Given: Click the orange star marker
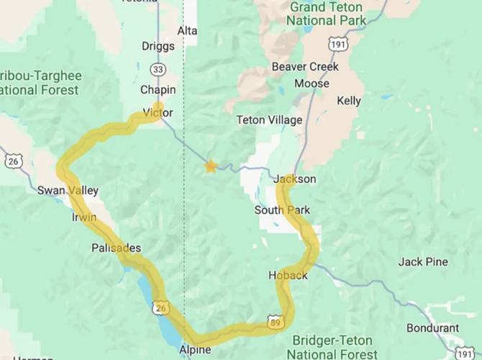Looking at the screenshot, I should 211,166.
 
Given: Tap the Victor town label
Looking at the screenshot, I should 158,113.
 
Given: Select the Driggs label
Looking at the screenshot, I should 158,47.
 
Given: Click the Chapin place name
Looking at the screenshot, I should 158,90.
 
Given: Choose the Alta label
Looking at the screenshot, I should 187,31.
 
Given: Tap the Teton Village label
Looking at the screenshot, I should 270,120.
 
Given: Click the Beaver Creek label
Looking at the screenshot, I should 305,67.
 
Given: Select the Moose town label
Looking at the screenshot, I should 312,84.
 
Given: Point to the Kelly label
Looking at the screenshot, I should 349,101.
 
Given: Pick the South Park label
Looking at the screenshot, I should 282,210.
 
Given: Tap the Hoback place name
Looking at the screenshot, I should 288,276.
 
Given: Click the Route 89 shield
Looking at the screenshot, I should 276,323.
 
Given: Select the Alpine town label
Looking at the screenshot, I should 195,350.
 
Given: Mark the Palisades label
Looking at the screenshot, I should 116,248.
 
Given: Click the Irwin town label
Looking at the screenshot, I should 83,217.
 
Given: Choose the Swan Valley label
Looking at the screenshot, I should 68,191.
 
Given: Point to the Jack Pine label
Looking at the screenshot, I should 423,262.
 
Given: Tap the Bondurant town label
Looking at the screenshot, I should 432,328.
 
